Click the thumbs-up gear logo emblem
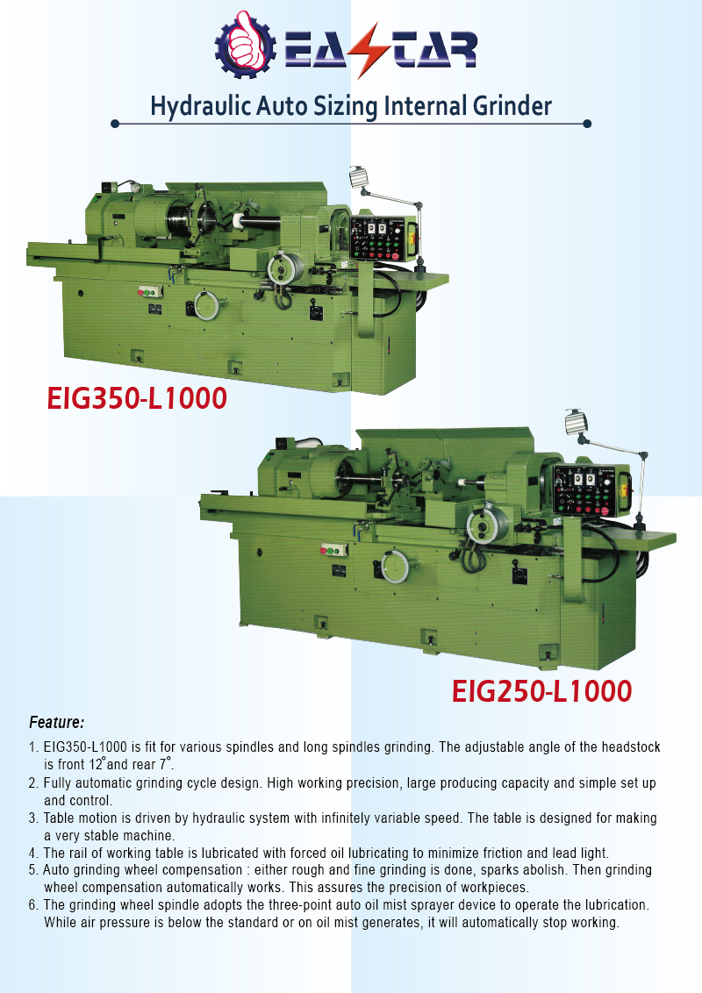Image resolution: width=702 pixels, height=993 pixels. [x=245, y=45]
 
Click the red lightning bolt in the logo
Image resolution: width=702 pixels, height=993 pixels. [x=368, y=49]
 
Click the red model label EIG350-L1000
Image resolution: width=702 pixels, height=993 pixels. [x=137, y=398]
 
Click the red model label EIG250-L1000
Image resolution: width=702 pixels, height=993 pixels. [x=541, y=691]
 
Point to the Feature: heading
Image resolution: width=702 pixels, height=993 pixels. [x=56, y=722]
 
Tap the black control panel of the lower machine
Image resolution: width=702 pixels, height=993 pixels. [x=584, y=489]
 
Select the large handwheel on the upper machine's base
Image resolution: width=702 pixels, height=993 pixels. [x=206, y=306]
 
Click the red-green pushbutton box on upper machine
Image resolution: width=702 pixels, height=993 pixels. [x=150, y=292]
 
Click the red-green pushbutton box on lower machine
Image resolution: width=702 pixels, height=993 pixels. [x=334, y=550]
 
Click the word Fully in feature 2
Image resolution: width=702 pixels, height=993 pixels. [x=58, y=783]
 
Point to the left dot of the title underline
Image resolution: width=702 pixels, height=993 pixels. [x=115, y=124]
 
